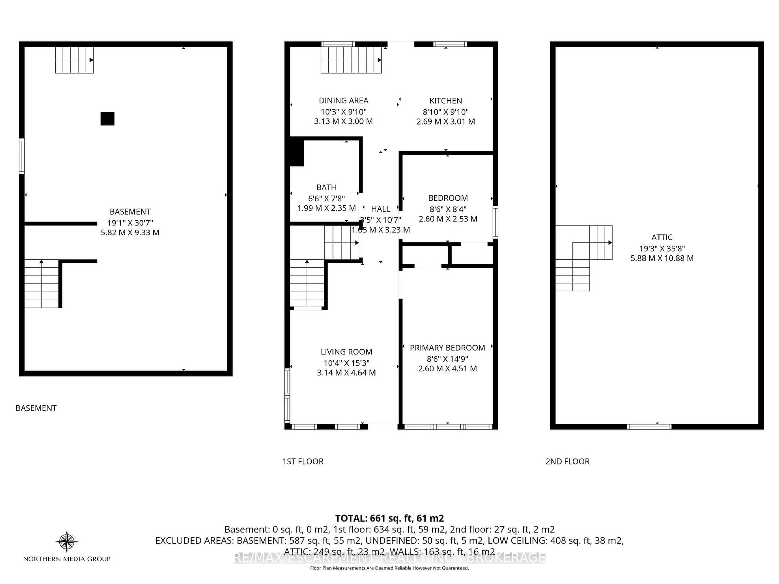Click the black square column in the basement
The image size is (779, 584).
click(107, 119)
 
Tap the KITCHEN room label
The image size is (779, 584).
click(445, 101)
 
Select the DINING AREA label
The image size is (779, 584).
click(343, 100)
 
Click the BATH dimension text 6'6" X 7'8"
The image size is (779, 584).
click(326, 199)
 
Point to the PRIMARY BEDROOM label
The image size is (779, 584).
click(447, 348)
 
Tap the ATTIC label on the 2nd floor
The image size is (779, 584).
click(662, 237)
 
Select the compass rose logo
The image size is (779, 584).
click(67, 541)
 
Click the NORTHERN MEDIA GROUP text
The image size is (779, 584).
click(67, 559)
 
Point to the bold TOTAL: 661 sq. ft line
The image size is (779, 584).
click(389, 518)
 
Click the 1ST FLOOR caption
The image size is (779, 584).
click(303, 462)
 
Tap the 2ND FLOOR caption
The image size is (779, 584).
click(567, 462)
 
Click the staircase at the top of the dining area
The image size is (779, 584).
click(351, 60)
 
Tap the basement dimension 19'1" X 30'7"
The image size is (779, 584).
click(130, 223)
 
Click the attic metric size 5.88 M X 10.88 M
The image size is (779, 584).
click(662, 258)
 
